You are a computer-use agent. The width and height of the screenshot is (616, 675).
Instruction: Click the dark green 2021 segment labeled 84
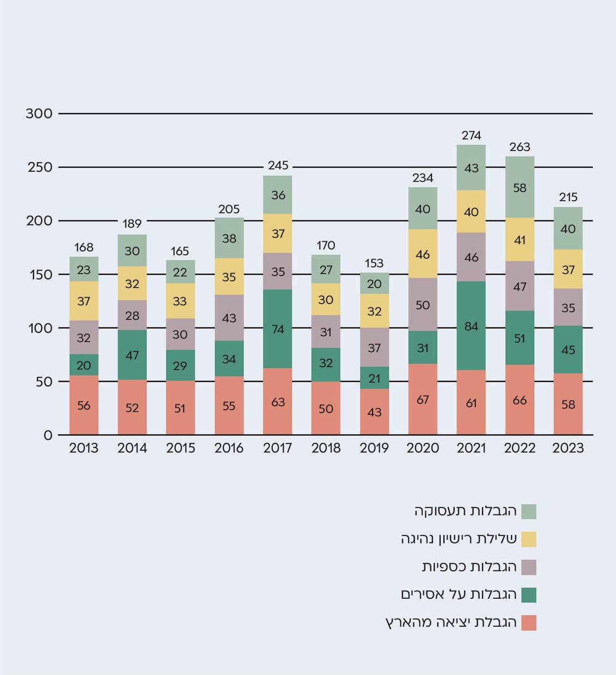471,326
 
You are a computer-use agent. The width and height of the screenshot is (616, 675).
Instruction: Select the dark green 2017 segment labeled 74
278,329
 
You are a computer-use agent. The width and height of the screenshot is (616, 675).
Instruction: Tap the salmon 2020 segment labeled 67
423,399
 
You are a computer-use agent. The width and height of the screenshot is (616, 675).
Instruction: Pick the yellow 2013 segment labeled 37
84,301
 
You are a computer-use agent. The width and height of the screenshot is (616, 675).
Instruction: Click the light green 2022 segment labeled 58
519,187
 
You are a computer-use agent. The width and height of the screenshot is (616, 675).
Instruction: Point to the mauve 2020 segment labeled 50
423,305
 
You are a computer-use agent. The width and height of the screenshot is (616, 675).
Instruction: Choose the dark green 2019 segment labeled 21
375,378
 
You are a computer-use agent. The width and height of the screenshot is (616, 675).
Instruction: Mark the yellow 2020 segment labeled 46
423,254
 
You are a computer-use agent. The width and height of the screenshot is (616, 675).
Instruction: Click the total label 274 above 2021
471,136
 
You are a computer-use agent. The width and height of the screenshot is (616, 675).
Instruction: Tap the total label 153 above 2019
374,263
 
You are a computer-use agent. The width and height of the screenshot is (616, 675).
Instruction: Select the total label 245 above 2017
278,165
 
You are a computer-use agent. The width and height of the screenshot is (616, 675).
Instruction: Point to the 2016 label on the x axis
229,448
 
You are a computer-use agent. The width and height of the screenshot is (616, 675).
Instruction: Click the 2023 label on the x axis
568,448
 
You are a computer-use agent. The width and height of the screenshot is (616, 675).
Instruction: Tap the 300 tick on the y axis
39,114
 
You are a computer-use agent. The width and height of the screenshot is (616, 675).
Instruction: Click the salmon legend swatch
529,623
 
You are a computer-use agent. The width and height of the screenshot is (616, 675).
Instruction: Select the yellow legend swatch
529,539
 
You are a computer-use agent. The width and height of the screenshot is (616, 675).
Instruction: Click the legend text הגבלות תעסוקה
465,511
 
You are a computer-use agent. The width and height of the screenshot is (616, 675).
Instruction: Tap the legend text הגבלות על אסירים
459,594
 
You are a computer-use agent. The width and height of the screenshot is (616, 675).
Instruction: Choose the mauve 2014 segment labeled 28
132,316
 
